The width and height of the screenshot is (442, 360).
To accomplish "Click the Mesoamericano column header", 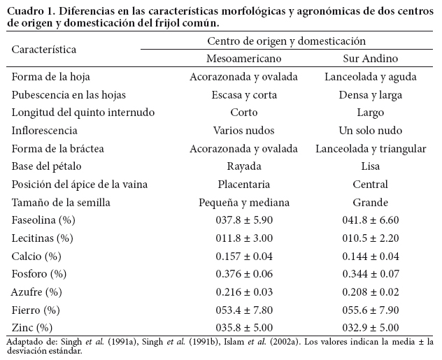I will [243, 58].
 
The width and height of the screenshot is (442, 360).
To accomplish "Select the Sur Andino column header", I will [371, 58].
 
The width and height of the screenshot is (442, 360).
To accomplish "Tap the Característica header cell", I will [44, 50].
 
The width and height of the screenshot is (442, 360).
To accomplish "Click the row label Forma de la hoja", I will [50, 76].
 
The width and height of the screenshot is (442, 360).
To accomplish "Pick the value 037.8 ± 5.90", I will [244, 219].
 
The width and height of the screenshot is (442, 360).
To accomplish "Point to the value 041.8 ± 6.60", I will [371, 219].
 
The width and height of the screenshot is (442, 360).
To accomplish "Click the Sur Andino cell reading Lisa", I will [371, 166].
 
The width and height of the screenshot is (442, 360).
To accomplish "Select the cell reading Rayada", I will [244, 166].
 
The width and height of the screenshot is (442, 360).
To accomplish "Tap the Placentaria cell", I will [244, 184].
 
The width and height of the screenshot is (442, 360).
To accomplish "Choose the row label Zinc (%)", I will [32, 327].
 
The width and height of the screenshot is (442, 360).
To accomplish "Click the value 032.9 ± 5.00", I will [371, 327].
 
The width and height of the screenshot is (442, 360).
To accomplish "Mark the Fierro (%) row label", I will [36, 309].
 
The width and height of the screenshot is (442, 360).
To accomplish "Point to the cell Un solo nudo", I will [371, 130].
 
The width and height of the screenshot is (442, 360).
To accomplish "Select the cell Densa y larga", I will [371, 94].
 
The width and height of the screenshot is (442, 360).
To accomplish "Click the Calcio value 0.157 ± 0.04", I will [244, 255].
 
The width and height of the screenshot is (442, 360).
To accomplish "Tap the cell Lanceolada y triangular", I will [371, 148].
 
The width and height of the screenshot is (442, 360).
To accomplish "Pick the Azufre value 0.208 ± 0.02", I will [371, 291].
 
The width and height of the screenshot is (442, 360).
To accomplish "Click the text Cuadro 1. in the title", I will [29, 10].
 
